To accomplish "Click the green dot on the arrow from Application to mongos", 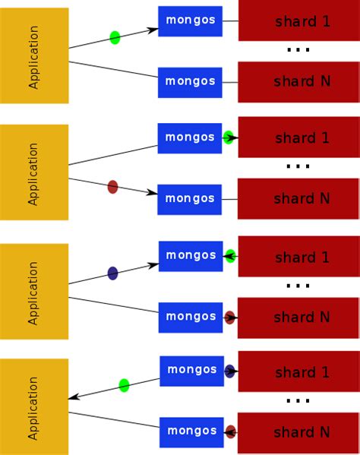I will pos(115,37).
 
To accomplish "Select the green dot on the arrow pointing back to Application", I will pos(124,385).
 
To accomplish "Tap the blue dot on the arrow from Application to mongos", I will pos(112,273).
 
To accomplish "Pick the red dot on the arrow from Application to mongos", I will pos(112,186).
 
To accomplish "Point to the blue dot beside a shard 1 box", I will pos(229,371).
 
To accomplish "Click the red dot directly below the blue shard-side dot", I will pos(230,431).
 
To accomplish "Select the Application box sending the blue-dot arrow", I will pos(34,292).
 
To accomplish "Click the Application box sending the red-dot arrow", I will pos(34,172).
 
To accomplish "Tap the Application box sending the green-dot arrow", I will pos(34,55).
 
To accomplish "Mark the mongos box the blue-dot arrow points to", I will pos(190,256).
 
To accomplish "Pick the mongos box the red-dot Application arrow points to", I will pos(189,199).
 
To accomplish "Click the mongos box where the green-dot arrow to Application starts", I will pos(191,371).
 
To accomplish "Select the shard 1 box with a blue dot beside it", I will pos(298,371).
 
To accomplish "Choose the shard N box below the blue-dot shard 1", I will pos(298,432).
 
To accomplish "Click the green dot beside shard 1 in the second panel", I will pos(229,137).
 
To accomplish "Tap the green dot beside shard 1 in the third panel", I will pos(230,256).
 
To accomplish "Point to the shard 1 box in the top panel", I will pos(298,21).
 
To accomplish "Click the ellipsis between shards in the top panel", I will pos(298,50).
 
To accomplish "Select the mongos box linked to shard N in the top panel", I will pos(190,82).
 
